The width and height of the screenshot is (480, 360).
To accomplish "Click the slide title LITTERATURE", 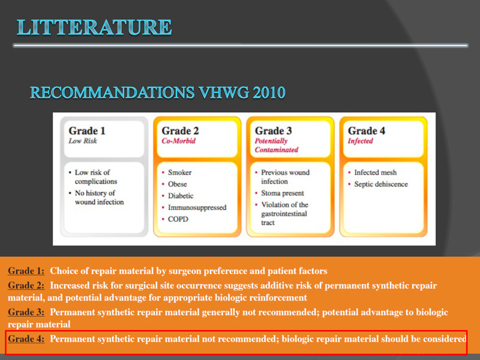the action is (x=94, y=27).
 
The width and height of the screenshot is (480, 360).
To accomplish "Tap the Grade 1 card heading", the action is (x=87, y=131).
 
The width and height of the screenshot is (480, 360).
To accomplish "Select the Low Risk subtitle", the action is (x=83, y=141).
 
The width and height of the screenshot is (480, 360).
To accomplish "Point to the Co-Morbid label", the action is (x=178, y=141).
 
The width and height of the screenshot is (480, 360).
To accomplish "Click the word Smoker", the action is (x=179, y=172).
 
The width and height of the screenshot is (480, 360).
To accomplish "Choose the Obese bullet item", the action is (x=177, y=184).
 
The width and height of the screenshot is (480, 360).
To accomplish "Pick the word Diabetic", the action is (x=181, y=196).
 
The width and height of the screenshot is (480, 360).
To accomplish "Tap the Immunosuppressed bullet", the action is (x=197, y=208).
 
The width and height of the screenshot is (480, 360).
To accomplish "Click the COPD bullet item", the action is (x=178, y=219).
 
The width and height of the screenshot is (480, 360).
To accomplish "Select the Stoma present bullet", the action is (x=283, y=193).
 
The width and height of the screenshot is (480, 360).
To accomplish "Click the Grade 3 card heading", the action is (x=274, y=131).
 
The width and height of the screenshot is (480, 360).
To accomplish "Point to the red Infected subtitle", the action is (x=361, y=141).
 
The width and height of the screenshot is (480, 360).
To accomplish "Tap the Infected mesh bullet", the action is (x=376, y=172).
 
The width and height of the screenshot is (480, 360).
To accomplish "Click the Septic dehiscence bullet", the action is (x=381, y=184).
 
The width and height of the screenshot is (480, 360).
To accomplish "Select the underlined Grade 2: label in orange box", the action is (x=26, y=286).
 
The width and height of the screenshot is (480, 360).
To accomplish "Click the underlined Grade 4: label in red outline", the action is (x=26, y=338).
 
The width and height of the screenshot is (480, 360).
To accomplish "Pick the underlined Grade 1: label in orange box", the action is (x=26, y=271).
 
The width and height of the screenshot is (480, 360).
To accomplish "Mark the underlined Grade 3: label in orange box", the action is (x=26, y=312).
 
